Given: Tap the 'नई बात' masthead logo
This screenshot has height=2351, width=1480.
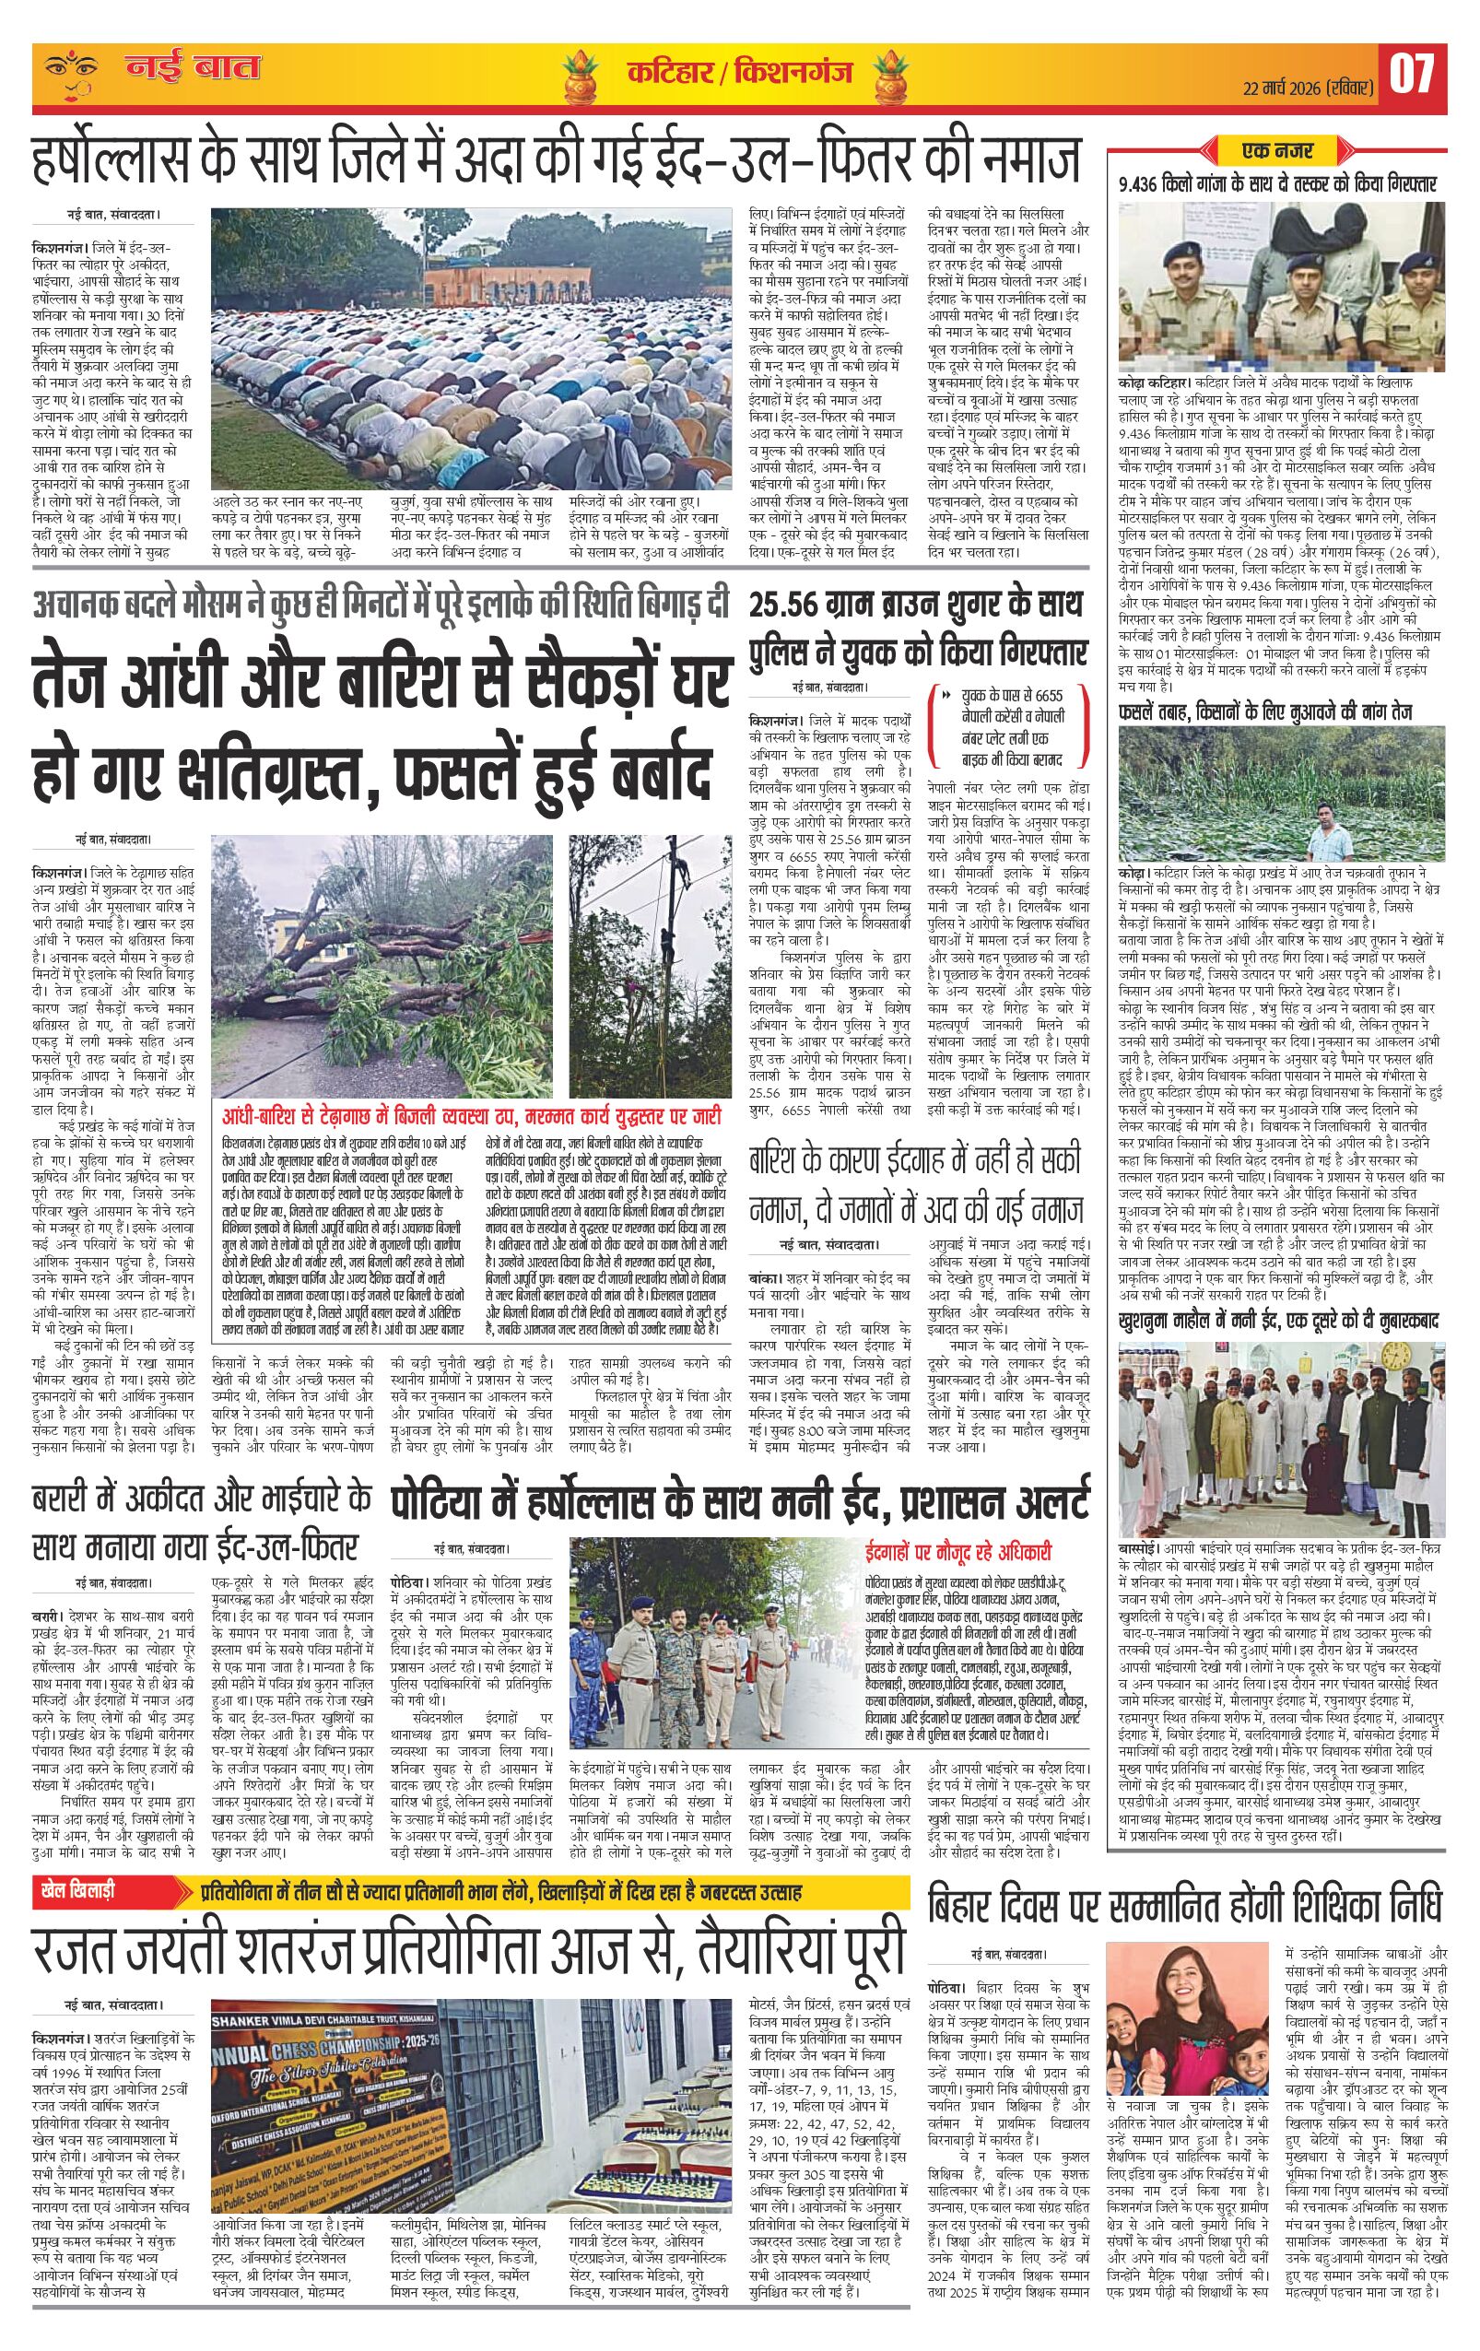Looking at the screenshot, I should click(192, 70).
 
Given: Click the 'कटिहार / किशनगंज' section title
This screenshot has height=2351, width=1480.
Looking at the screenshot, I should click(739, 73).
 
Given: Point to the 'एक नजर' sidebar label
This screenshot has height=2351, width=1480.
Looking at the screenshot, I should click(1277, 151).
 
